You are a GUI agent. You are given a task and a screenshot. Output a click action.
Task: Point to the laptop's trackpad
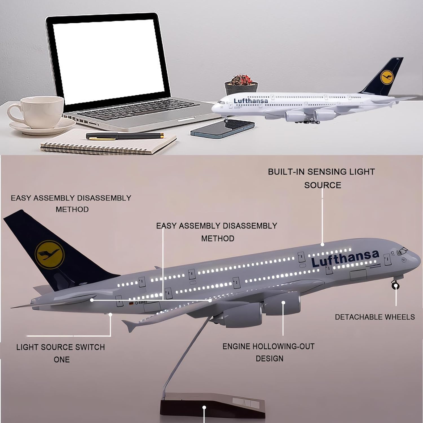tap(183, 120)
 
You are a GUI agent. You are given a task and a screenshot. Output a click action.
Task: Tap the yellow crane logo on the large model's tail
tap(50, 254)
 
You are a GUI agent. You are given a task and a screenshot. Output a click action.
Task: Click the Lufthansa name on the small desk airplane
tap(251, 101)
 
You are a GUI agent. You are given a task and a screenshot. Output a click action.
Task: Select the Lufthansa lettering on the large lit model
tap(345, 258)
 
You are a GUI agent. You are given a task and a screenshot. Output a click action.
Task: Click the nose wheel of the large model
tap(396, 286)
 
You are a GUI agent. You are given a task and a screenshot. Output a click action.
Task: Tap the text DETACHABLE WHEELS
tap(374, 317)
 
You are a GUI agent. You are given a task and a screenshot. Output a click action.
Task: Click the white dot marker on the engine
tap(283, 302)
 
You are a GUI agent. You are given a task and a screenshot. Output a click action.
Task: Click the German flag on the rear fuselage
tap(131, 303)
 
